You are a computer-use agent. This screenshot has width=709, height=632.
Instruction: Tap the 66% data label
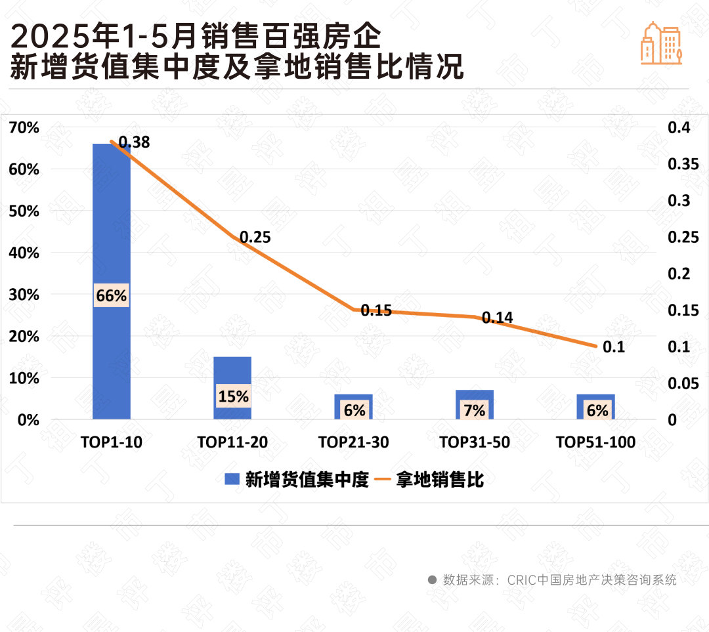click(x=111, y=296)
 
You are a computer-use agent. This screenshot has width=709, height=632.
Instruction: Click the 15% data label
click(x=233, y=396)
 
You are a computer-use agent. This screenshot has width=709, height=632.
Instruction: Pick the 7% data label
click(x=475, y=411)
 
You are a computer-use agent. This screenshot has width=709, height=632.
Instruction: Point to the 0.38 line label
click(x=134, y=142)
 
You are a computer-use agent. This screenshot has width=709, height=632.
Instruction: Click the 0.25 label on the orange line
click(x=255, y=238)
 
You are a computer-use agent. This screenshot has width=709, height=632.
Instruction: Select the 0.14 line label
click(x=497, y=318)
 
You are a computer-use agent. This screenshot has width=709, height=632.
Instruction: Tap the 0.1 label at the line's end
click(x=613, y=347)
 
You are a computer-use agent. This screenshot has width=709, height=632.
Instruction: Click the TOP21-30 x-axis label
click(x=353, y=442)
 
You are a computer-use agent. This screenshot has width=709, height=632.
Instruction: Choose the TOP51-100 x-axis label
click(x=595, y=442)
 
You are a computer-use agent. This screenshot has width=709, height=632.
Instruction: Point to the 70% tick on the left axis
click(x=24, y=127)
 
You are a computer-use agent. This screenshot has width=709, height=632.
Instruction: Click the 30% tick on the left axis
click(x=24, y=295)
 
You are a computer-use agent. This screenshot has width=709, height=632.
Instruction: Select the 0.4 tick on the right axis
click(x=679, y=127)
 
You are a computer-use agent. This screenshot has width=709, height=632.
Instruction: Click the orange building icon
click(x=661, y=43)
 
